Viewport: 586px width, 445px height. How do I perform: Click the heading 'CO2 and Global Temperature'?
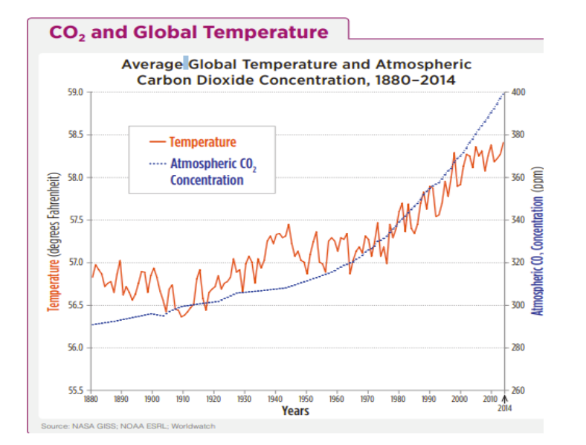(x=188, y=33)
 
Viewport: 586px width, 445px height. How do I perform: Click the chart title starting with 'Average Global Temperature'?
(x=296, y=72)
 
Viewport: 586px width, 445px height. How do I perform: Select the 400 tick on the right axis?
(x=519, y=92)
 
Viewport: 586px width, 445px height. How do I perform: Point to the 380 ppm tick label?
(x=519, y=135)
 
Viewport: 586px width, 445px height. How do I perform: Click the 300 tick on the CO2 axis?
(x=519, y=306)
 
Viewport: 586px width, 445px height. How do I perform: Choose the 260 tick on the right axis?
(x=519, y=391)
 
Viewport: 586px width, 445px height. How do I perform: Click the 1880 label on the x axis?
(x=91, y=400)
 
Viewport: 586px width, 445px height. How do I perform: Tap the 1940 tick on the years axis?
(x=275, y=400)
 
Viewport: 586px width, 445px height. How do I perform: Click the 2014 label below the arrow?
(x=505, y=408)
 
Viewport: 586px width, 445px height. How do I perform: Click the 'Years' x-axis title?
(x=295, y=411)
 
